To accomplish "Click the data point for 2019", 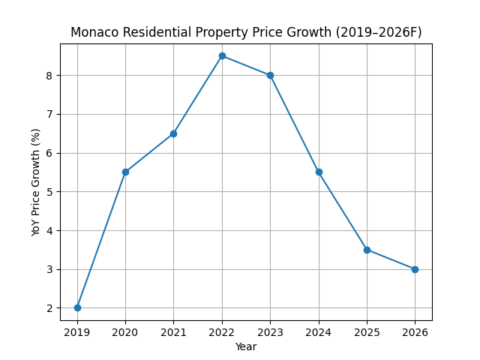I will pos(77,307).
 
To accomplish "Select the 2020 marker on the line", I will pos(125,172).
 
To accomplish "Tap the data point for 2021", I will pos(173,133).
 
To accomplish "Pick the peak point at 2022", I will pos(222,55).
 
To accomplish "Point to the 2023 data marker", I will pos(270,75).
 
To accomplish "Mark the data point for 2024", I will pos(319,172).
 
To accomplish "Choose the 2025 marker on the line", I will pos(367,250).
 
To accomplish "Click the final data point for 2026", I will pos(415,269).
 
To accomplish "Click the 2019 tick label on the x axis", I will pos(77,331).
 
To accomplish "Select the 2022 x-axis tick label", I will pos(222,331).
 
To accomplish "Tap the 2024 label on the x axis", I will pos(319,331).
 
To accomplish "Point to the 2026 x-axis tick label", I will pos(415,331).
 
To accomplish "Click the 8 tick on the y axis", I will pos(49,75).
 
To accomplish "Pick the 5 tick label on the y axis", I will pos(49,192).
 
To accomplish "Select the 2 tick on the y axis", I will pos(49,308).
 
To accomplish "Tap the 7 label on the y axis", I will pos(49,114).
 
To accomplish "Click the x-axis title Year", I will pos(246,346).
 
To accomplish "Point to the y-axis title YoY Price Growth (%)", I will pos(36,182).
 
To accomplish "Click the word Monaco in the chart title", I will pos(95,32).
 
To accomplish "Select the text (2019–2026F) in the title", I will pos(380,32).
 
